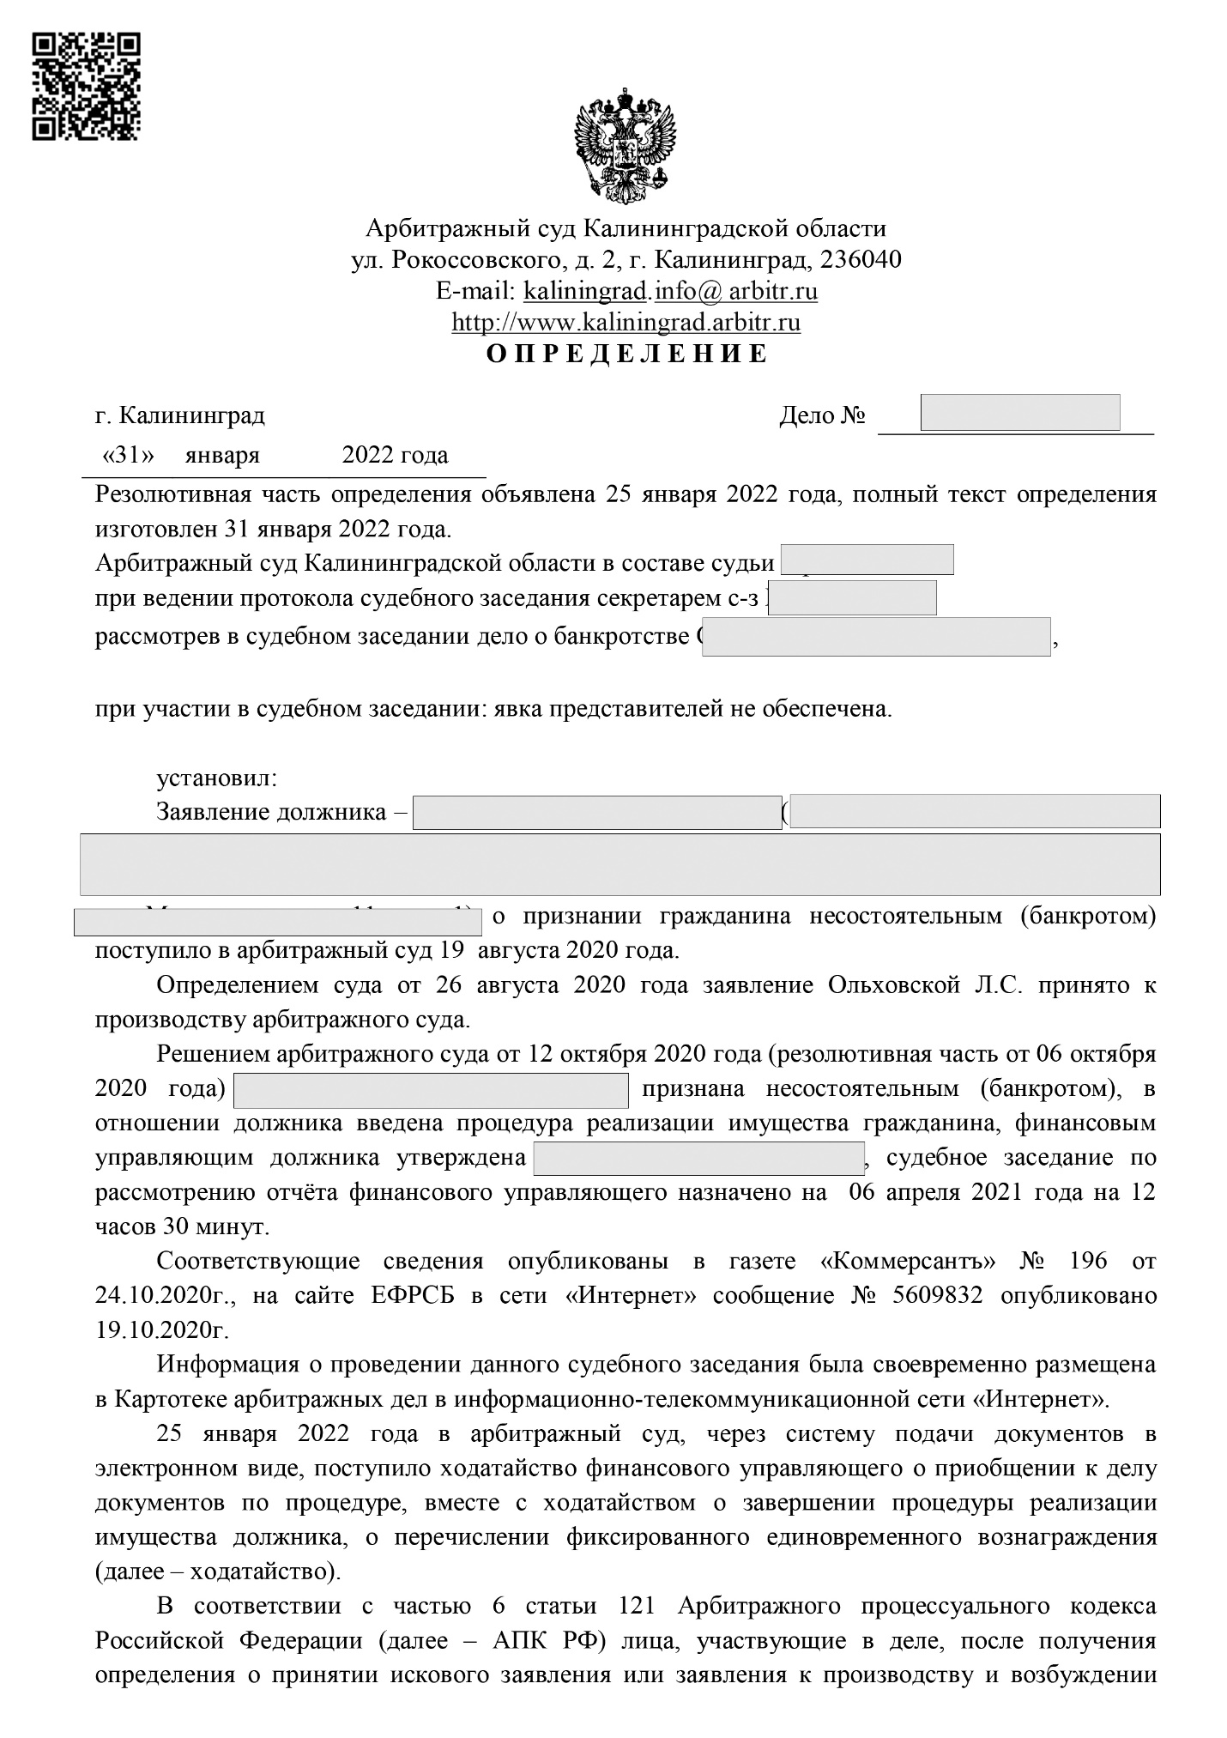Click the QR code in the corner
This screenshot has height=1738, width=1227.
pyautogui.click(x=86, y=86)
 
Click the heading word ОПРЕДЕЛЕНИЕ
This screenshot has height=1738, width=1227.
pyautogui.click(x=626, y=354)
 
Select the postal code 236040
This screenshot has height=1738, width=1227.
pyautogui.click(x=861, y=259)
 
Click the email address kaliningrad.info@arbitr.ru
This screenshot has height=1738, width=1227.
pyautogui.click(x=670, y=291)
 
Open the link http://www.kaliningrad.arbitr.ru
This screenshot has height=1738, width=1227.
pyautogui.click(x=626, y=323)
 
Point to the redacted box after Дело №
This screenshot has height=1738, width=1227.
pyautogui.click(x=1019, y=413)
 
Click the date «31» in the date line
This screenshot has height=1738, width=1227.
pyautogui.click(x=127, y=455)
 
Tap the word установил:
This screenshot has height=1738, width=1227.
pyautogui.click(x=216, y=778)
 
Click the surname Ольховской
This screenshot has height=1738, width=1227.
pyautogui.click(x=893, y=984)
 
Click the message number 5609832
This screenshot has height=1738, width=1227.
pyautogui.click(x=938, y=1295)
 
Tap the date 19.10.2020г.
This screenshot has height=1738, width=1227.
pyautogui.click(x=162, y=1329)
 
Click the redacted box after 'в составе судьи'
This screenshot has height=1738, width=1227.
pyautogui.click(x=867, y=560)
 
